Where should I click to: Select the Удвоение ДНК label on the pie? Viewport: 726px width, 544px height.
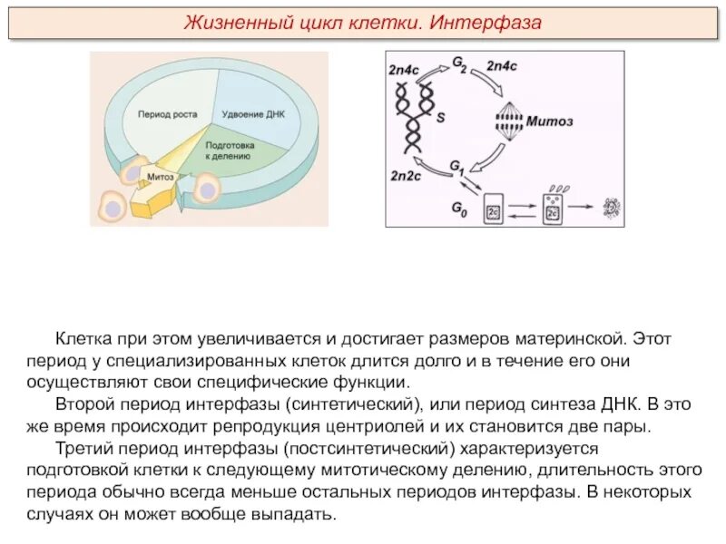(x=253, y=115)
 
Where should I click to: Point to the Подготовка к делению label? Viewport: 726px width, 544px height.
(x=230, y=151)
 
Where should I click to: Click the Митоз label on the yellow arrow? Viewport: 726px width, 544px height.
(x=161, y=177)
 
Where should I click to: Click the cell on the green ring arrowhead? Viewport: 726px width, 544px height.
(x=207, y=188)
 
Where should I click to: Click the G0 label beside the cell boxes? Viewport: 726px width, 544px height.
(x=460, y=208)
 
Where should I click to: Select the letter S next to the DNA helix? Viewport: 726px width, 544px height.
(x=441, y=117)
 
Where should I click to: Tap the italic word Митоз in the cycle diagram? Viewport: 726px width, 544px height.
(x=550, y=121)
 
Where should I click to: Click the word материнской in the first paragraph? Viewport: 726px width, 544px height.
(x=562, y=338)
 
